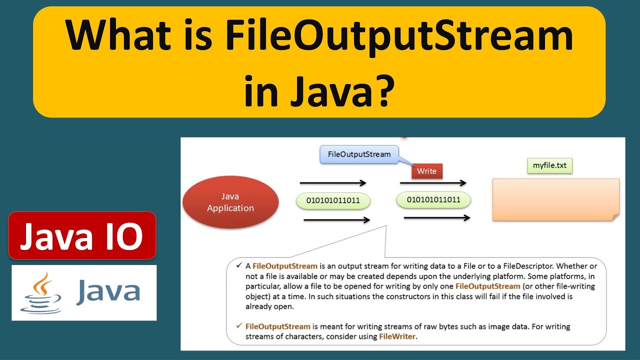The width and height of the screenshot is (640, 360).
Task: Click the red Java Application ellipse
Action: [x=230, y=202]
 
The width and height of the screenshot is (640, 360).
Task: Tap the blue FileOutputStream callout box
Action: [x=359, y=154]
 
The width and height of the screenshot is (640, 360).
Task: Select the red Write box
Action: [x=426, y=171]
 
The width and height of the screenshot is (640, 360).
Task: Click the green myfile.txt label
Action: [x=549, y=166]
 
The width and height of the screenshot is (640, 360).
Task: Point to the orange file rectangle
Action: [x=555, y=199]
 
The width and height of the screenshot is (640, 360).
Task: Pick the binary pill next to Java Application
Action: [x=333, y=201]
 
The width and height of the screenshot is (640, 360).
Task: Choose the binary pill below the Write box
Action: [x=433, y=200]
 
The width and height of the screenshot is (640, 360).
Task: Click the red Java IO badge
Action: [x=82, y=235]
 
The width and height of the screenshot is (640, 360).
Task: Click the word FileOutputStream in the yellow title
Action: [x=398, y=37]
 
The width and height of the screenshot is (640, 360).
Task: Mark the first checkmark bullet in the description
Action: [x=239, y=264]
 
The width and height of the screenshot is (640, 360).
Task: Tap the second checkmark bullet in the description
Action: [x=239, y=326]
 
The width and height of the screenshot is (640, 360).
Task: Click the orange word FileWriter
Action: [x=397, y=336]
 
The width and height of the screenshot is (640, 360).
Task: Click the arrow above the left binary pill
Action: [x=333, y=183]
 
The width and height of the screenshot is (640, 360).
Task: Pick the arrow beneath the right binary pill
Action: [x=436, y=217]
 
